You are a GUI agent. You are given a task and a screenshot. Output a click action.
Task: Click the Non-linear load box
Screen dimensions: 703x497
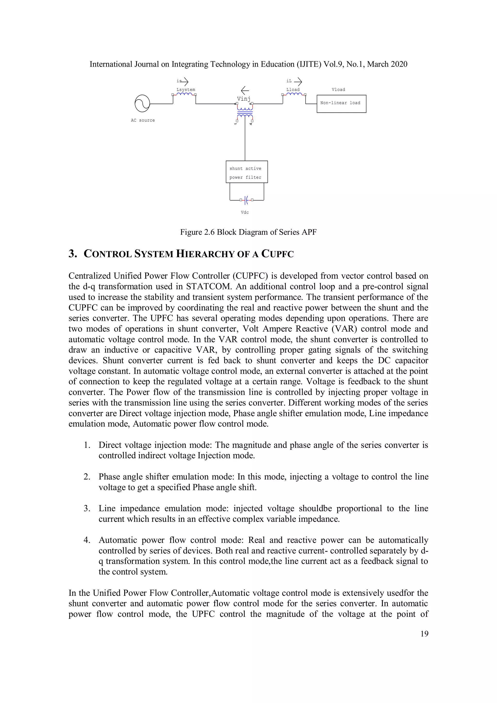click(341, 104)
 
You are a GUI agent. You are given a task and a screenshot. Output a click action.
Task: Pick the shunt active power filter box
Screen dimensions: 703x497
click(247, 172)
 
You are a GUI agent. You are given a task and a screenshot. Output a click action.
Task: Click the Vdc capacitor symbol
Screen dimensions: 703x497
click(247, 200)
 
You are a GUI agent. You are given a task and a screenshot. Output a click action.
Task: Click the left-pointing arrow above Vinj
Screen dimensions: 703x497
click(245, 90)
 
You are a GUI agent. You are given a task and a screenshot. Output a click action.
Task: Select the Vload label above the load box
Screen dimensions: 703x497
click(338, 90)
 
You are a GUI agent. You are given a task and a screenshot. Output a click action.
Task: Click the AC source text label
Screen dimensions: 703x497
click(143, 120)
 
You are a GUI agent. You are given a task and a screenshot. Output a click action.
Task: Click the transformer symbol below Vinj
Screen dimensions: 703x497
click(245, 112)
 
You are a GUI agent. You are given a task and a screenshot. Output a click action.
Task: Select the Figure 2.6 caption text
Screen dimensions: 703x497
click(248, 232)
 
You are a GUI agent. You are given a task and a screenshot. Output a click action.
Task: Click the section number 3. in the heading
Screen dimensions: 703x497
click(73, 254)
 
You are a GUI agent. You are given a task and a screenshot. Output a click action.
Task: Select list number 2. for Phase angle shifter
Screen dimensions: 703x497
click(87, 477)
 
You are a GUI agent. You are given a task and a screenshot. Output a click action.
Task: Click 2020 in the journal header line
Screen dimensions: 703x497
click(398, 64)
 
